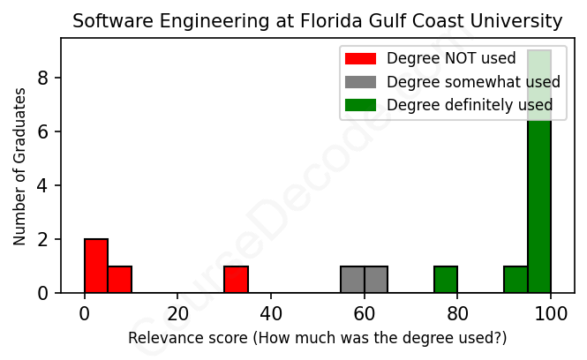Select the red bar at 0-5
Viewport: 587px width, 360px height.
coord(96,266)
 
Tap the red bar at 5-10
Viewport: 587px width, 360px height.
coord(119,279)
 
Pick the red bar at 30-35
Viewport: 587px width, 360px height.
coord(236,279)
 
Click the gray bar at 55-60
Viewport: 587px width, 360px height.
coord(352,279)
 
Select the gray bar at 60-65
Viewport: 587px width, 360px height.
coord(376,279)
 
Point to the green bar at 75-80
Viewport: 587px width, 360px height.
coord(446,279)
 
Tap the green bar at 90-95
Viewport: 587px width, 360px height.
coord(516,279)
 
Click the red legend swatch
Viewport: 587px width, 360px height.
coord(359,59)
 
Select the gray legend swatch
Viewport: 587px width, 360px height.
coord(359,82)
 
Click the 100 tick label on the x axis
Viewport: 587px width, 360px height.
coord(551,314)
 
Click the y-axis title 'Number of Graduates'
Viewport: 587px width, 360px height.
coord(19,166)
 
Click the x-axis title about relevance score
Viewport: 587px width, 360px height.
coord(317,338)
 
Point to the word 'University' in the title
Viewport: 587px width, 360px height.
coord(517,20)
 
